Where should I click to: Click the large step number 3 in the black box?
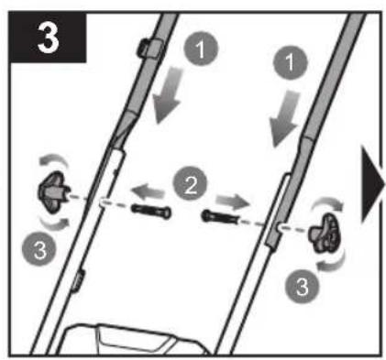(48, 38)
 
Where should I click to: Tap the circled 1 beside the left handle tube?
(201, 49)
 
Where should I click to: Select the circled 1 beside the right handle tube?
(290, 62)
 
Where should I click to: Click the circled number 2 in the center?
(190, 184)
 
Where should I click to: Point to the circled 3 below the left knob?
(39, 249)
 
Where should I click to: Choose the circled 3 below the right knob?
(302, 286)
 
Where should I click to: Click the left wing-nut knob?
(52, 192)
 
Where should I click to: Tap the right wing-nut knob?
(325, 233)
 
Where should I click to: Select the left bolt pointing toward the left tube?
(151, 212)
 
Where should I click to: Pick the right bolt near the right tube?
(220, 217)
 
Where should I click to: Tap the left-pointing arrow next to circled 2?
(148, 191)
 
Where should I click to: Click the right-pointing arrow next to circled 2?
(233, 202)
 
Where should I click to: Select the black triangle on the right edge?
(372, 185)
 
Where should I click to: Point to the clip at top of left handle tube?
(149, 48)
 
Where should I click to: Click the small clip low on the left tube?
(77, 280)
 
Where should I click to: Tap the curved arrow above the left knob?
(54, 158)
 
